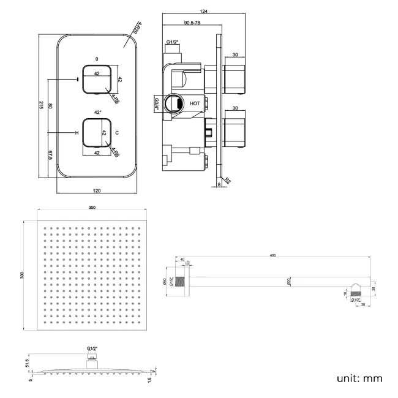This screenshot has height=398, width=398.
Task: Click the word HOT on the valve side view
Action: click(x=195, y=103)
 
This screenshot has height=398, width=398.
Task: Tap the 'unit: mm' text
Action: click(x=359, y=378)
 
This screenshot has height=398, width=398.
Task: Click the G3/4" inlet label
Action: click(x=157, y=103)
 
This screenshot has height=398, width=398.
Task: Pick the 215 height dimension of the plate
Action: click(x=41, y=105)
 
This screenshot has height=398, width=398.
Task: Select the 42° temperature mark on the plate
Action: click(x=97, y=112)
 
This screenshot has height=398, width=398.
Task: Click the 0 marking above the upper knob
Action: click(x=97, y=59)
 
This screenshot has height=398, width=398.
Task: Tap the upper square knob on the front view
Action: click(x=97, y=79)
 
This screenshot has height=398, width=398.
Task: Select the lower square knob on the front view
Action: click(x=97, y=133)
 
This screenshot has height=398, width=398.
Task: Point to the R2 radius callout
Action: click(x=228, y=181)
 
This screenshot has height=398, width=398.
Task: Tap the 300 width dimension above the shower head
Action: click(x=92, y=208)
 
